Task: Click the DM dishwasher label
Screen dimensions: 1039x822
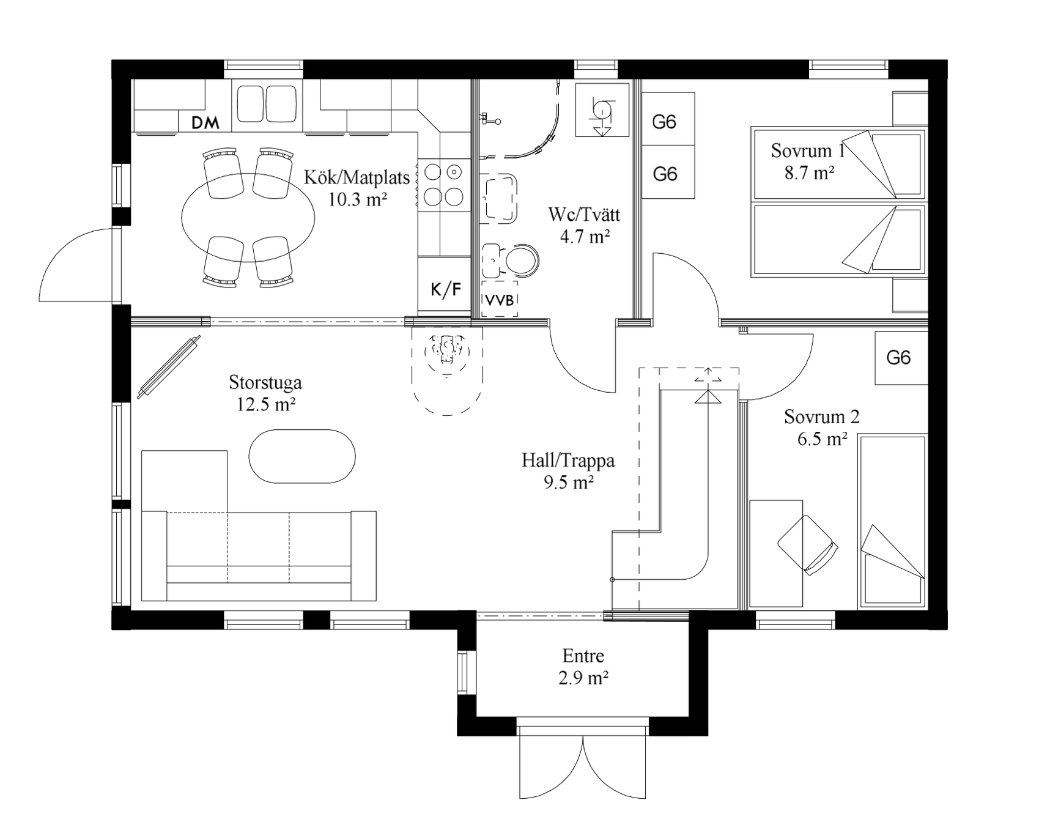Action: [205, 123]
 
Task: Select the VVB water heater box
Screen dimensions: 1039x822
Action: [500, 299]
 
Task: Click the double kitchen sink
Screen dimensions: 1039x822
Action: [267, 104]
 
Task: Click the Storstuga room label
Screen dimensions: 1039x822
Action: [265, 383]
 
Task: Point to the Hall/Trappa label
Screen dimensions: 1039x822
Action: [568, 461]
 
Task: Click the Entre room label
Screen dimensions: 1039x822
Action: [583, 656]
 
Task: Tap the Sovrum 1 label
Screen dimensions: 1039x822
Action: [807, 150]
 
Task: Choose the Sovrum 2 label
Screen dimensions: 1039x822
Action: [822, 417]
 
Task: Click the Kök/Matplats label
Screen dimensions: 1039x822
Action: [357, 177]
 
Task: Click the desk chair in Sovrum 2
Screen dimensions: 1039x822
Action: [807, 544]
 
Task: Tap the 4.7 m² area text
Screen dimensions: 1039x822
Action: [585, 237]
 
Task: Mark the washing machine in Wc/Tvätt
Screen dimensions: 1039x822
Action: [602, 110]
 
